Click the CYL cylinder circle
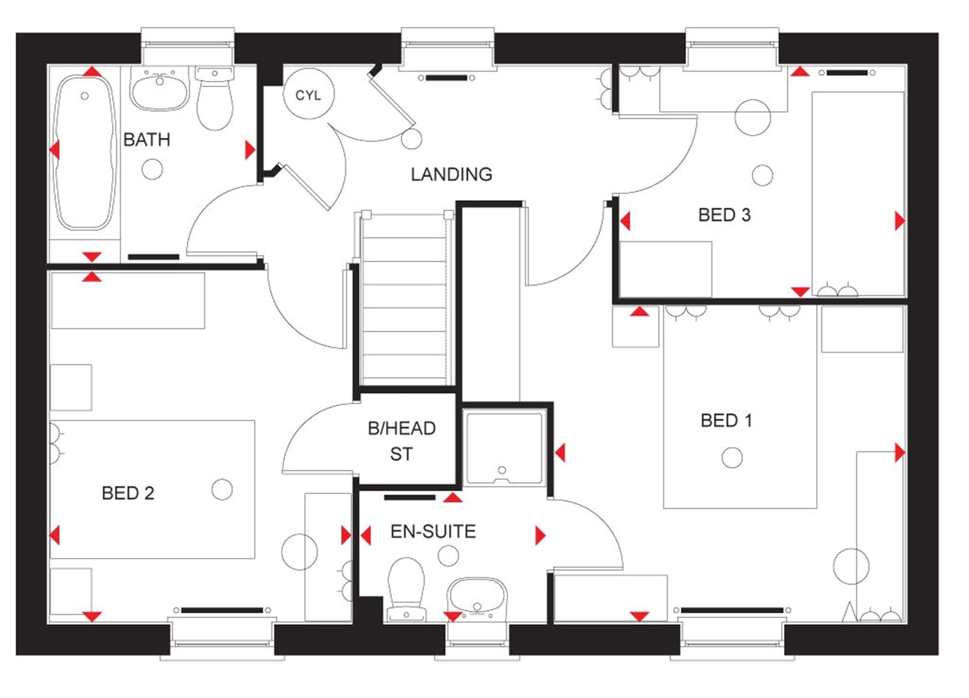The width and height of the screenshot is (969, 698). point(308,94)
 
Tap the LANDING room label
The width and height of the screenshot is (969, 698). point(451,174)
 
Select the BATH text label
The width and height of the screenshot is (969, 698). point(147,140)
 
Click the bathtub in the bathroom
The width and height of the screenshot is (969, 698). point(85,152)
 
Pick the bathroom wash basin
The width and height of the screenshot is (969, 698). point(159,89)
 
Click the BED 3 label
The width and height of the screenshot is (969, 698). point(724,215)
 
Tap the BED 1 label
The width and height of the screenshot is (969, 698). point(726,420)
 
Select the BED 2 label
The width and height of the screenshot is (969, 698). point(128,493)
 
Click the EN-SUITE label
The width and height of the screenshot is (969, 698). point(433,531)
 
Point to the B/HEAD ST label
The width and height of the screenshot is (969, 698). point(402,441)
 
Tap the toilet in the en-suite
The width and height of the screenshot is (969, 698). point(406,589)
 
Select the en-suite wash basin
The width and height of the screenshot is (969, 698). point(477,599)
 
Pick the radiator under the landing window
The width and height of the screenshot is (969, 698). point(446,78)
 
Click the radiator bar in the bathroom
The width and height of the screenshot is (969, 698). point(154,257)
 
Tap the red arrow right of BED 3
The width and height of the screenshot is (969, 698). point(900,221)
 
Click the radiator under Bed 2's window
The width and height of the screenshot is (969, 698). point(222,610)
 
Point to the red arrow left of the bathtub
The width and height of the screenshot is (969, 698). point(54,149)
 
